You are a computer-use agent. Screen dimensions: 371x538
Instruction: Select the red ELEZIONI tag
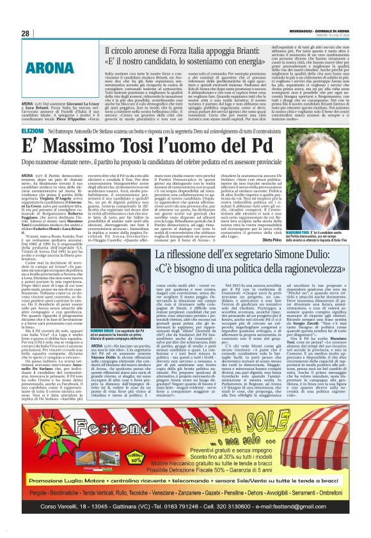[x=33, y=130]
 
